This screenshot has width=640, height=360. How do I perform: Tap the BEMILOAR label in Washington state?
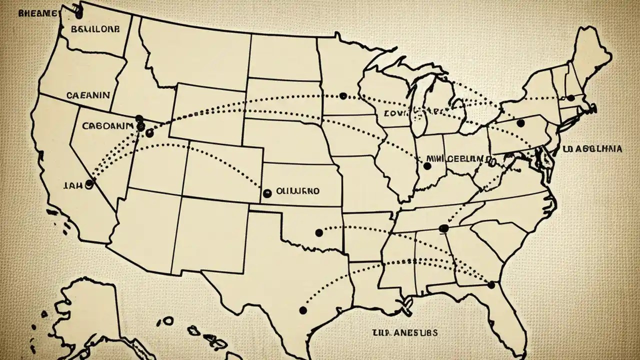point(95,29)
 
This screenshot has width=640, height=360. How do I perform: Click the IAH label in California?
point(73,184)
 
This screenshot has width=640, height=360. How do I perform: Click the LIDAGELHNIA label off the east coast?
point(592,148)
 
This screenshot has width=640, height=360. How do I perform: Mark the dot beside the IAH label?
point(89,184)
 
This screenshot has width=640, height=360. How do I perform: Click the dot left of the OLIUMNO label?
point(266,192)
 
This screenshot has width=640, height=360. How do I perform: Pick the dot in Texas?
point(302,310)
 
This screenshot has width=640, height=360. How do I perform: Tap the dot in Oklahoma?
point(319,232)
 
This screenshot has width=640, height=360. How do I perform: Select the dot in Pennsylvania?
point(520,123)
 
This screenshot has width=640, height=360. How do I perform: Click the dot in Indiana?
point(427,165)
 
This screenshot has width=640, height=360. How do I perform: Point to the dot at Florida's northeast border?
point(491,285)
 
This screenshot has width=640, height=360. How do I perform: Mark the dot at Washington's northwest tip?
point(77,8)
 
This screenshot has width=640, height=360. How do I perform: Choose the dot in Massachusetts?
point(570,98)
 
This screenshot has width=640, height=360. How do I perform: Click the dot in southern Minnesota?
point(342,95)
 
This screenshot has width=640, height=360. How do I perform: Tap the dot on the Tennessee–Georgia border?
point(442,228)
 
